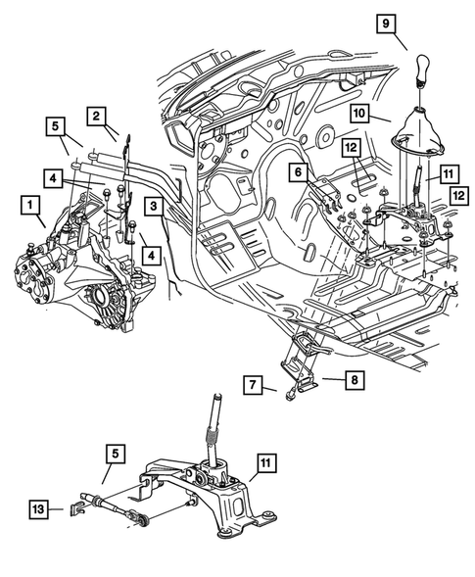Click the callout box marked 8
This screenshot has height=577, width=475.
329,376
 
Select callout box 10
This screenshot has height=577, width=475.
358,114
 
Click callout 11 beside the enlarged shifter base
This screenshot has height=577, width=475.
267,460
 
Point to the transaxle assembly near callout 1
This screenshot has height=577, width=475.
69,264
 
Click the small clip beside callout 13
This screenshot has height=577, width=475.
77,507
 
